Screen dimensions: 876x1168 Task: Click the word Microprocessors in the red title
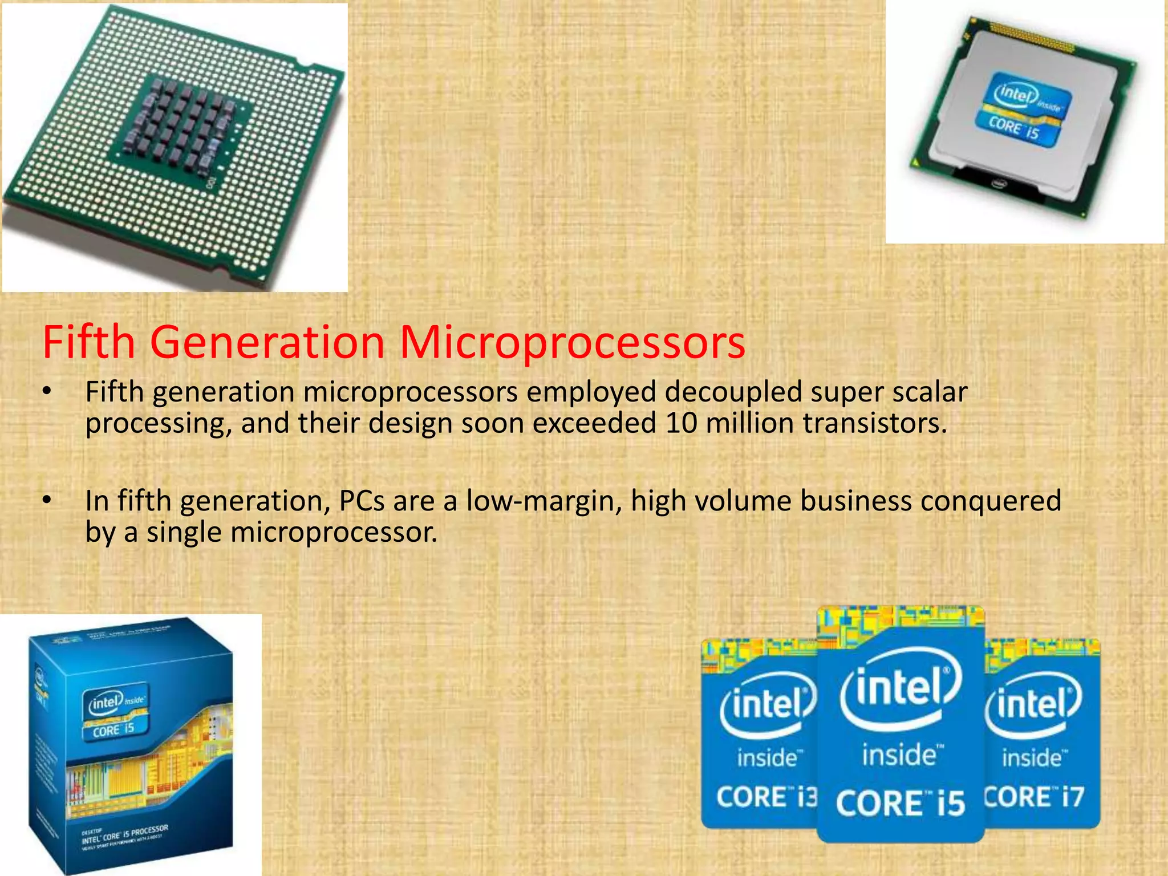[572, 342]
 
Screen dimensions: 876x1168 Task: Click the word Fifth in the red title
[88, 342]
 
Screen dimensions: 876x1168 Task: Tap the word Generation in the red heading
[267, 342]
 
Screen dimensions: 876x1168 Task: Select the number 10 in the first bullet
[681, 423]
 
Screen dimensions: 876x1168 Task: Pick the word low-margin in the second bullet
[544, 501]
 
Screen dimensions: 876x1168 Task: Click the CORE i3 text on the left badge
[766, 797]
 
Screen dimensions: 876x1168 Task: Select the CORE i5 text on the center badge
[900, 803]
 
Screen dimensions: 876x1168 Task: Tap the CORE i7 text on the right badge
[1033, 797]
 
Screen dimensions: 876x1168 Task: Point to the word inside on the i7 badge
[1032, 758]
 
